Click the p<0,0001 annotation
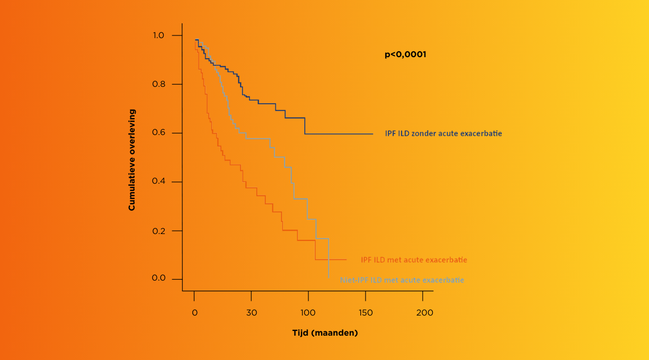(405, 55)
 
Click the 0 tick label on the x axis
(194, 312)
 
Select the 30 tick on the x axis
(252, 312)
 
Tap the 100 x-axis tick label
(308, 312)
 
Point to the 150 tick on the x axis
(366, 312)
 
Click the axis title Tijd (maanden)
(325, 333)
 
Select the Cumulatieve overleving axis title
(132, 160)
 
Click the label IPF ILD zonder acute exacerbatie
(443, 134)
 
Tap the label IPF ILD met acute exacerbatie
(414, 260)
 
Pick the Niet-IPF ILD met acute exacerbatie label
(402, 280)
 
